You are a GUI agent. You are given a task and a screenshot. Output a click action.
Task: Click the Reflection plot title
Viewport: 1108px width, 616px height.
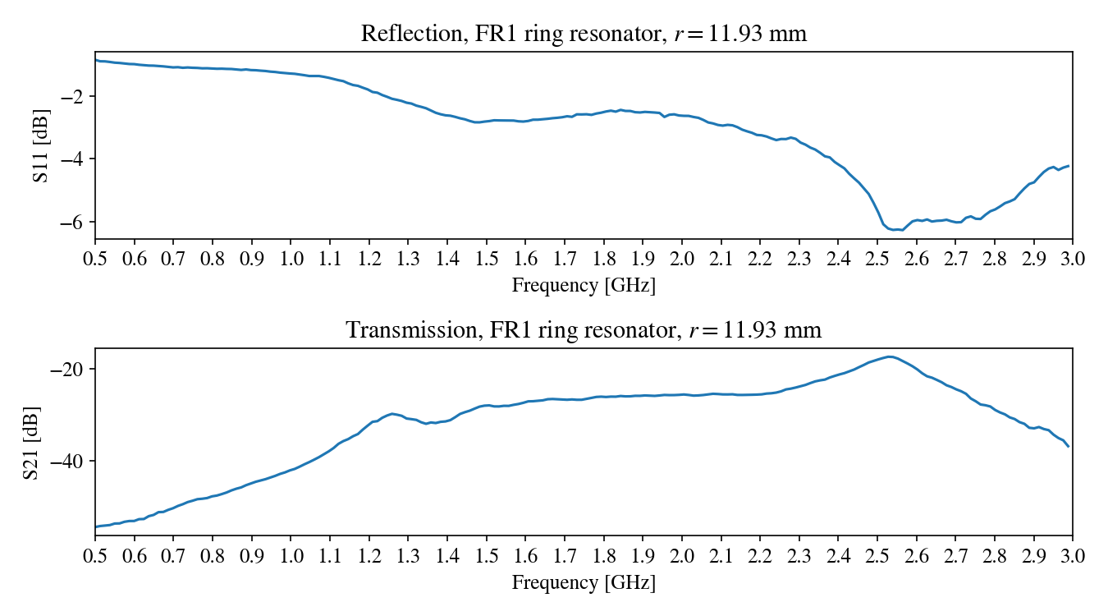coord(584,34)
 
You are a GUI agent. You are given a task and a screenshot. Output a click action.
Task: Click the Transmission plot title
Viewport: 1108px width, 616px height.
coord(584,330)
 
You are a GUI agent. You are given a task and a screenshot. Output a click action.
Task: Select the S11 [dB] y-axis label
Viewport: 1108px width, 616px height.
coord(41,145)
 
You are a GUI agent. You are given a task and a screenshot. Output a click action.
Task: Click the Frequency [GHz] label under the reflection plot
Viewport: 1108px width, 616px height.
coord(584,286)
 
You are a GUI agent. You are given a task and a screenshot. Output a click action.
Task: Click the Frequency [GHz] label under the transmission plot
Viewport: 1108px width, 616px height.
coord(584,583)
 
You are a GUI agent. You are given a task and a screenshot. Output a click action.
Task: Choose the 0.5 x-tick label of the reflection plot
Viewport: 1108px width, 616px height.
coord(95,259)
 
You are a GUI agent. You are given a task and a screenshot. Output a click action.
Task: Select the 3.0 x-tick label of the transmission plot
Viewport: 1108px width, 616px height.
coord(1072,556)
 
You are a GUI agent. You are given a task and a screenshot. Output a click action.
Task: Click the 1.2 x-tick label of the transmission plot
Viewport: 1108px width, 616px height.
coord(369,556)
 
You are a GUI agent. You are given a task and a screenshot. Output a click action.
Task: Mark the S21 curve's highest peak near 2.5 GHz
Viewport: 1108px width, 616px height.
coord(889,356)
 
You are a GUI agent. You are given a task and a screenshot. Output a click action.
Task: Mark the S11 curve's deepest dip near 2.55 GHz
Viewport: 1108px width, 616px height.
coord(899,229)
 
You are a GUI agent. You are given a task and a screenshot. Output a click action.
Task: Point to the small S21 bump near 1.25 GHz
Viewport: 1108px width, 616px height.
coord(392,413)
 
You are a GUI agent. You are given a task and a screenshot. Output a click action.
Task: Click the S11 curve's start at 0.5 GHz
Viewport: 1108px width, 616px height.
coord(96,60)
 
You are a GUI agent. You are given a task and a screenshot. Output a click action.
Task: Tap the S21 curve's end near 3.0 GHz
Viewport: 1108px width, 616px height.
coord(1069,446)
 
